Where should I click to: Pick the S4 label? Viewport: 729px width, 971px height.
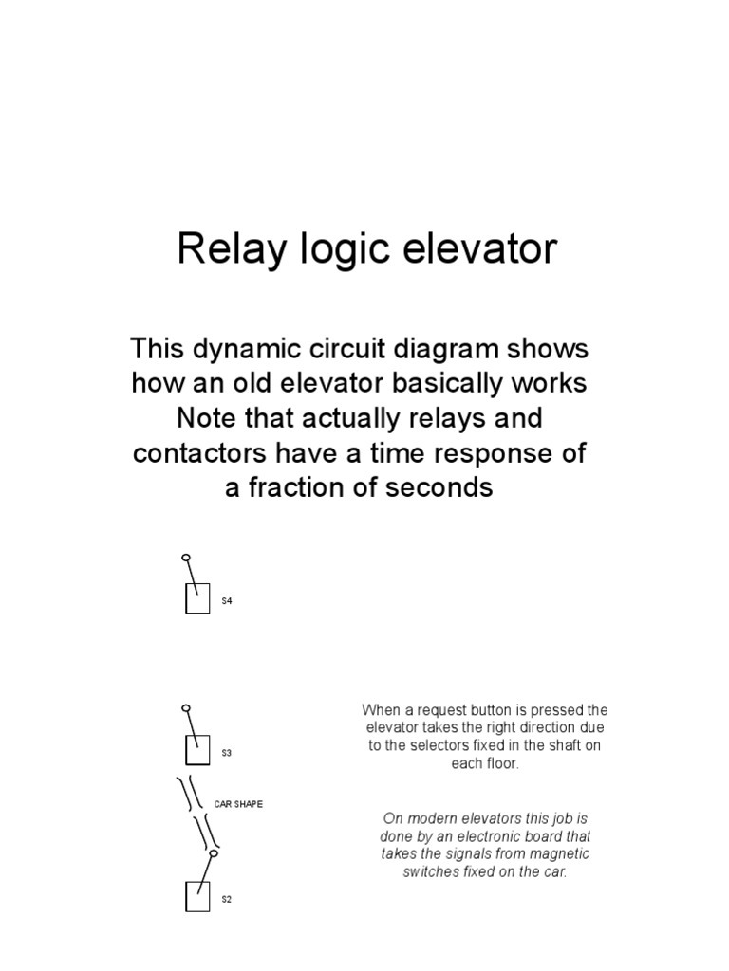(x=227, y=601)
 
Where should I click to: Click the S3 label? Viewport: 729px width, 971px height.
(x=227, y=753)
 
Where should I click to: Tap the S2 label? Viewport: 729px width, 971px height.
(x=227, y=900)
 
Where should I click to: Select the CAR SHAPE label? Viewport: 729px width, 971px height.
(x=238, y=804)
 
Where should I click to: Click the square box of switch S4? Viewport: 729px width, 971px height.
(x=197, y=599)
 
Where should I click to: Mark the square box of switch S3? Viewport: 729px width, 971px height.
(x=197, y=750)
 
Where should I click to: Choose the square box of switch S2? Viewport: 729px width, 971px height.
(x=197, y=896)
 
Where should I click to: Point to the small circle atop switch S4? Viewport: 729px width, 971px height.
(x=186, y=558)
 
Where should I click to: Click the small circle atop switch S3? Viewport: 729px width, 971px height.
(x=186, y=707)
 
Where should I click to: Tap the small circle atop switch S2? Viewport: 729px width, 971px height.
(x=213, y=853)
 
